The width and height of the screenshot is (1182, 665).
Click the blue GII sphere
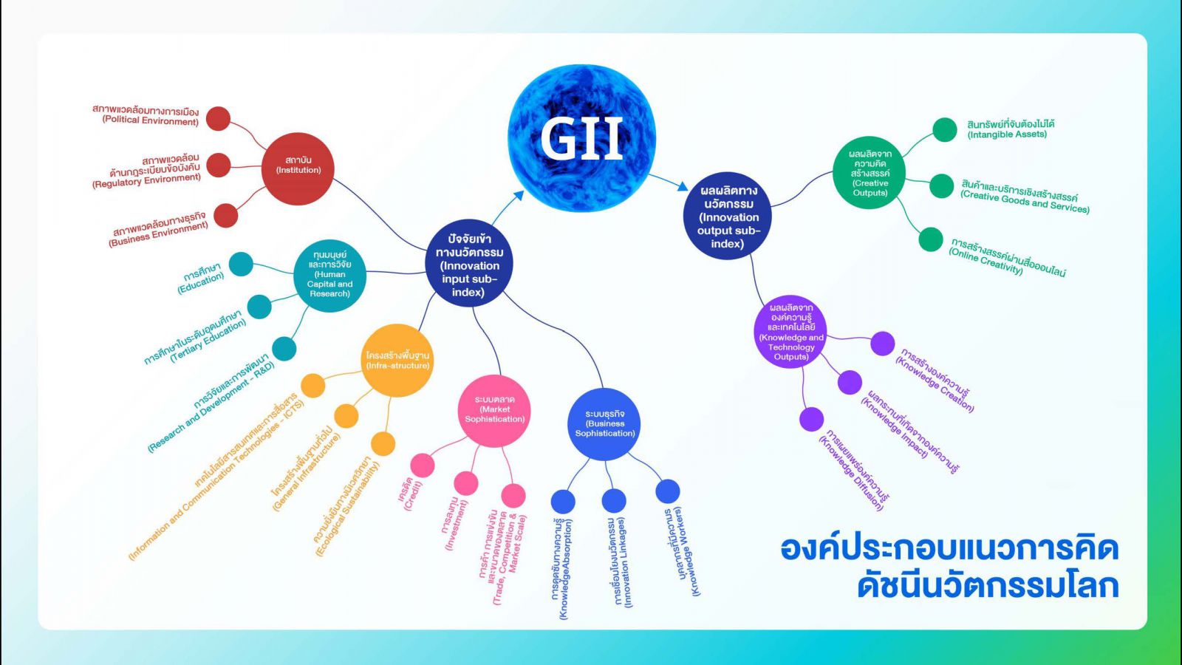pyautogui.click(x=581, y=138)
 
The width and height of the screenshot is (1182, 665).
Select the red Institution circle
pyautogui.click(x=298, y=169)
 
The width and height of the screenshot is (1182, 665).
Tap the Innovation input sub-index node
pyautogui.click(x=469, y=263)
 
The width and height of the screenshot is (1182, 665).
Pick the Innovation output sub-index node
pyautogui.click(x=727, y=215)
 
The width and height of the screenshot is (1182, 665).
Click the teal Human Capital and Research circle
pyautogui.click(x=329, y=276)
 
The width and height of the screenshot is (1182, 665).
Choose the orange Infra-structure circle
pyautogui.click(x=397, y=361)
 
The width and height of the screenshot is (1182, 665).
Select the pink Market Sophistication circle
pyautogui.click(x=494, y=411)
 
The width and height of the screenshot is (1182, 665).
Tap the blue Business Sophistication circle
pyautogui.click(x=604, y=424)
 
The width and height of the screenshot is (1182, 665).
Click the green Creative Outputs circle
pyautogui.click(x=869, y=173)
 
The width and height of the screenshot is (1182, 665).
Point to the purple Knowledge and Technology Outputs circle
pyautogui.click(x=790, y=332)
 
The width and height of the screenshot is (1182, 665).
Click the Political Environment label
pyautogui.click(x=146, y=115)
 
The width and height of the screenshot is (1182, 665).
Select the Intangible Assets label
pyautogui.click(x=1011, y=129)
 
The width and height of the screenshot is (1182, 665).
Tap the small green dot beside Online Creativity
pyautogui.click(x=931, y=239)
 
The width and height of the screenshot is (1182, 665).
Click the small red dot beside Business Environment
pyautogui.click(x=226, y=215)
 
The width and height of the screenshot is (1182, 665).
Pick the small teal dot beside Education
pyautogui.click(x=241, y=264)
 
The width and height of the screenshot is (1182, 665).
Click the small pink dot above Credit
pyautogui.click(x=422, y=465)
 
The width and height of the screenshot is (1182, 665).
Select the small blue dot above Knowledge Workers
pyautogui.click(x=668, y=491)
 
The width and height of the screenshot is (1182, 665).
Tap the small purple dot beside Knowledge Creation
pyautogui.click(x=882, y=344)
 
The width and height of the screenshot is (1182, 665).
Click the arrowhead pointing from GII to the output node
pyautogui.click(x=683, y=186)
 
